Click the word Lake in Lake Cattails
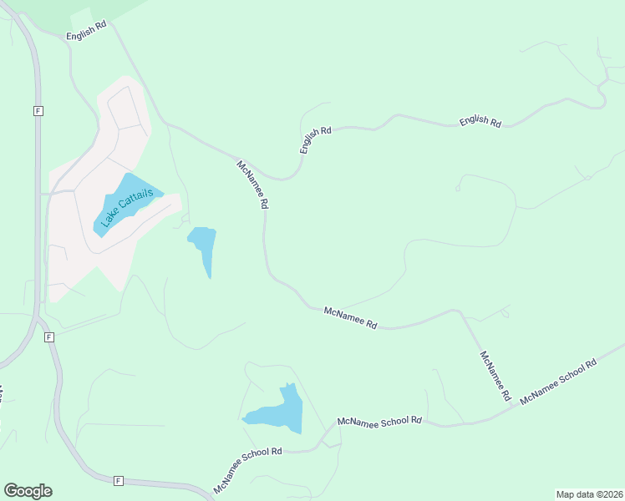pos(108,219)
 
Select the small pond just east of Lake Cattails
pos(203,247)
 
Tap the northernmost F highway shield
pos(38,110)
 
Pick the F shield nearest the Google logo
pos(118,480)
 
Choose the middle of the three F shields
pos(49,337)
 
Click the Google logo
pos(28,491)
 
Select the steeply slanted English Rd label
pos(316,139)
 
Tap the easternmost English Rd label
pos(480,122)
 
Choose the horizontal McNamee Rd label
pos(350,316)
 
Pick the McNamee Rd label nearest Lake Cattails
pos(252,185)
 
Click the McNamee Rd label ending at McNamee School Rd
pos(494,377)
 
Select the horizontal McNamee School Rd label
pos(379,421)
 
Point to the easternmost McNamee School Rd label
pos(558,382)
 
